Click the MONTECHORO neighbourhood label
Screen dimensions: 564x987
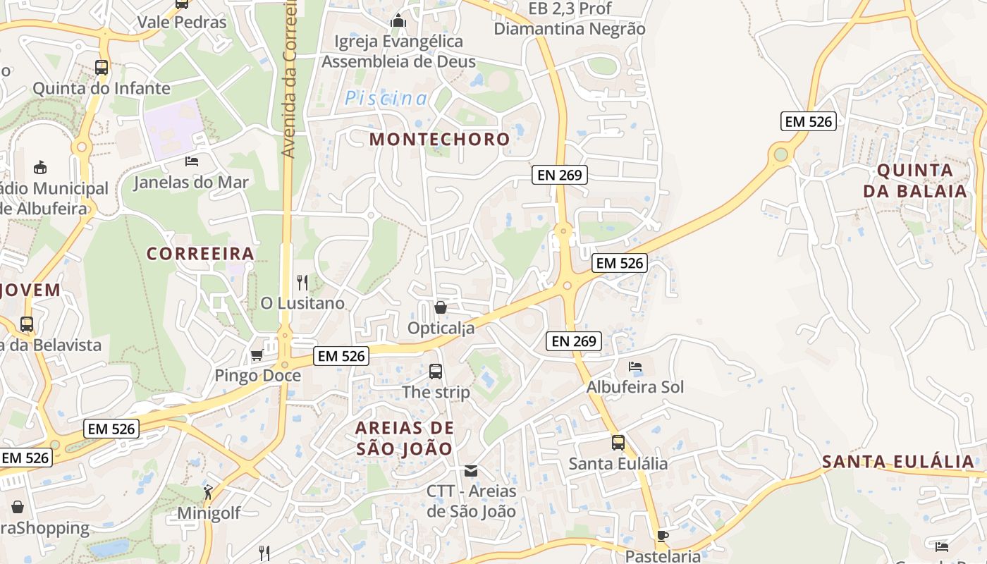pyautogui.click(x=439, y=139)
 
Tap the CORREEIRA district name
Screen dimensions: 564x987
pyautogui.click(x=200, y=253)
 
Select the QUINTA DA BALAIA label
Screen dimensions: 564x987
pyautogui.click(x=915, y=180)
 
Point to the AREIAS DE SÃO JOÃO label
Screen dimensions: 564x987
pyautogui.click(x=405, y=438)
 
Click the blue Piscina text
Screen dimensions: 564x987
pyautogui.click(x=386, y=99)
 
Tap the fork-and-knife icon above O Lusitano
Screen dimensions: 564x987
pyautogui.click(x=302, y=283)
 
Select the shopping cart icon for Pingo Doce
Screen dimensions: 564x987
pyautogui.click(x=257, y=355)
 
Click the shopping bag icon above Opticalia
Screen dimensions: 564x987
pyautogui.click(x=441, y=307)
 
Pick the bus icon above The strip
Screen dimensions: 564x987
pyautogui.click(x=436, y=371)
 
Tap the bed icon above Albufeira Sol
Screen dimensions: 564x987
pyautogui.click(x=635, y=367)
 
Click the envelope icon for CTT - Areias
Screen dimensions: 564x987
pyautogui.click(x=471, y=470)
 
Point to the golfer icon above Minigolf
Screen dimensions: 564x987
pyautogui.click(x=207, y=491)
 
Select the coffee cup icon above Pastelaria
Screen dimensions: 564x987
pyautogui.click(x=662, y=536)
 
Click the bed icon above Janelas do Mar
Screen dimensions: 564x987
pyautogui.click(x=191, y=161)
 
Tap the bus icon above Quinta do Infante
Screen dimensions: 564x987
pyautogui.click(x=102, y=68)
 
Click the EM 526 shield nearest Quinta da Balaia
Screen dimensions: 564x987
pyautogui.click(x=809, y=121)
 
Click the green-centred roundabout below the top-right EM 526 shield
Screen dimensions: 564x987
pyautogui.click(x=780, y=154)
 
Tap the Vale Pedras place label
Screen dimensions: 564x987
pyautogui.click(x=182, y=22)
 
